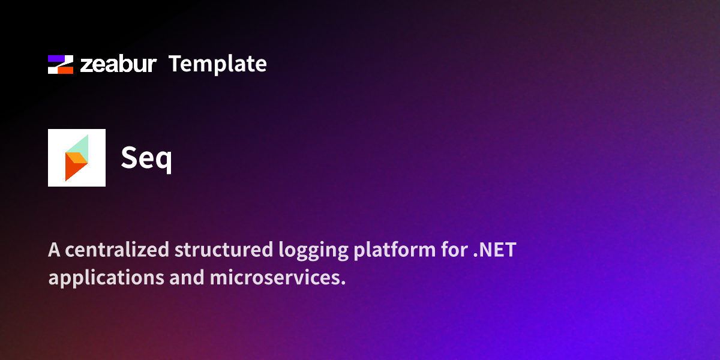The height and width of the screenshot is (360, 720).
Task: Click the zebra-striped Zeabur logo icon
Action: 60,64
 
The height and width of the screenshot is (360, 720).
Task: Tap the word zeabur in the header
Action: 119,64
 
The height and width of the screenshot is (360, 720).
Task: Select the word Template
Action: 218,64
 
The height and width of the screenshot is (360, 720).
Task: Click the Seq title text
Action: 146,158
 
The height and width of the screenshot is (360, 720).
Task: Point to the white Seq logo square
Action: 77,158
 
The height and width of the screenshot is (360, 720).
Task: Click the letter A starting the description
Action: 54,250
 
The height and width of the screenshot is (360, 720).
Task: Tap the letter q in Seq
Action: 164,160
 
